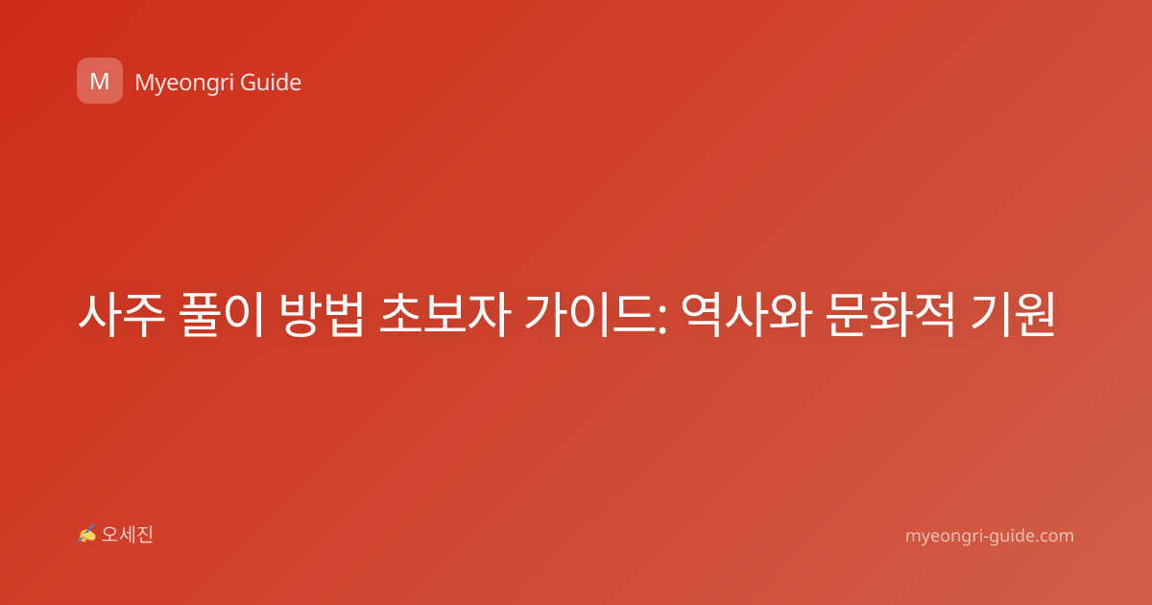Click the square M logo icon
100,81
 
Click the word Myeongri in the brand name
183,84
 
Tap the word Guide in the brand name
271,82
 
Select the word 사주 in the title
121,314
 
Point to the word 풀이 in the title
222,314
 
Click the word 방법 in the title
322,314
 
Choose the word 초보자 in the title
444,314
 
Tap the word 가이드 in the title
590,314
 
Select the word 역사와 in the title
747,314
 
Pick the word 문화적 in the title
890,314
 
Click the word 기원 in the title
1013,314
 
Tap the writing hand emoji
86,534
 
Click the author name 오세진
127,535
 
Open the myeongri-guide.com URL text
990,536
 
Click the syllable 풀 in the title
201,314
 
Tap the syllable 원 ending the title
1034,314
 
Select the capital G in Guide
248,83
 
